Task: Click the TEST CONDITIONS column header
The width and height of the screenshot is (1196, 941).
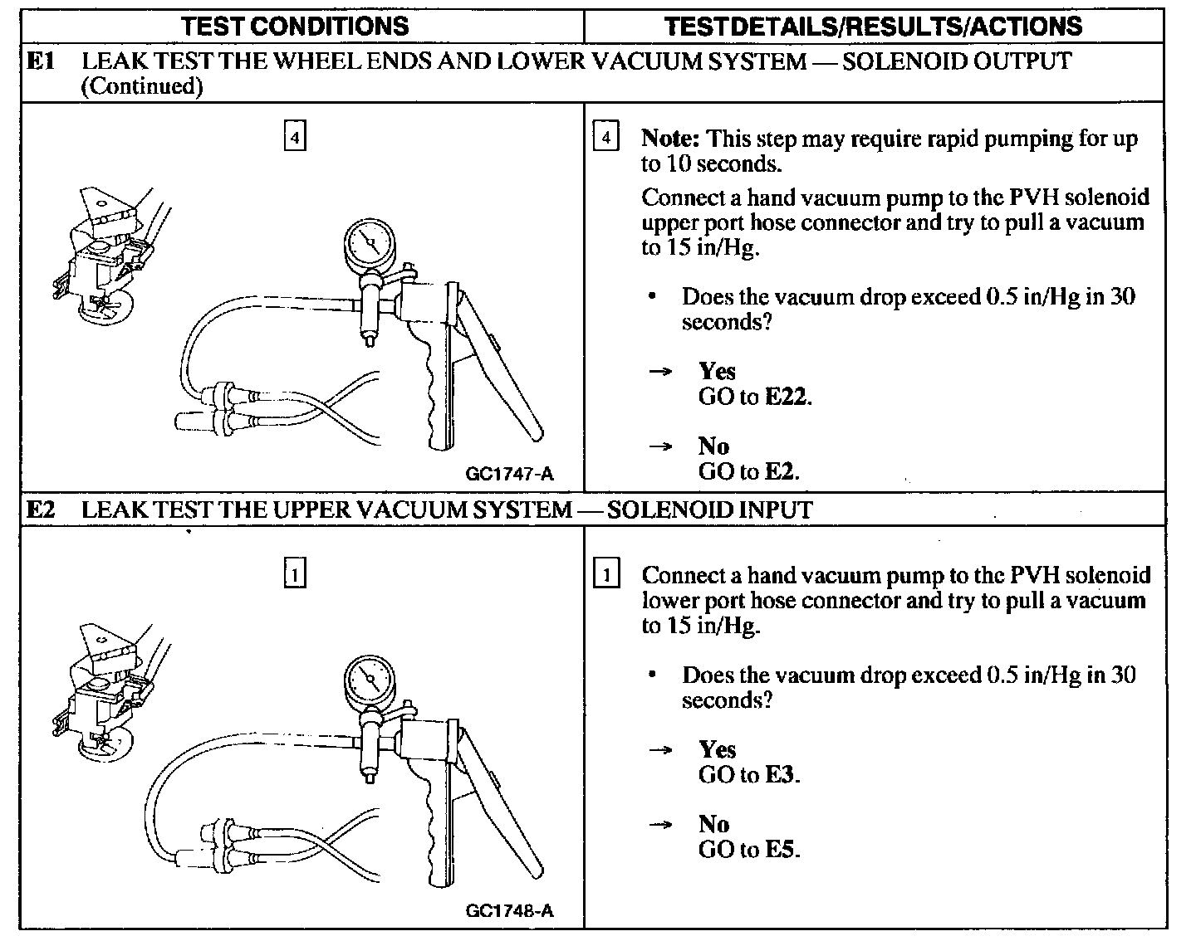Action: (x=295, y=26)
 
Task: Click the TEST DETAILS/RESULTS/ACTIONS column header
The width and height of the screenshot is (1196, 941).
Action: (x=873, y=26)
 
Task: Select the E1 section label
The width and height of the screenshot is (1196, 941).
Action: (x=40, y=61)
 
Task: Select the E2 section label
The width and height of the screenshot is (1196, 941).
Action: (x=40, y=509)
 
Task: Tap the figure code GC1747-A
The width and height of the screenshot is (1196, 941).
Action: (x=509, y=474)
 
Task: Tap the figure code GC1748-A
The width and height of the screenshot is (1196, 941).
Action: (x=509, y=910)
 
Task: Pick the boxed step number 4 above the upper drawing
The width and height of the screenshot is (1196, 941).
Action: (x=295, y=136)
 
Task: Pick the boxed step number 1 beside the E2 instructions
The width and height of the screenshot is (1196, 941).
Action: (x=606, y=574)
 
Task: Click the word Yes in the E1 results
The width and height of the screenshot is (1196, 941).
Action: (x=717, y=371)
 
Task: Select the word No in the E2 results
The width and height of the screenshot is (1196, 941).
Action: (x=713, y=824)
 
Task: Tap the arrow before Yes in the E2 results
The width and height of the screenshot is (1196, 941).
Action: (x=660, y=750)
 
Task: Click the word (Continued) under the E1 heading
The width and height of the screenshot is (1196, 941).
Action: (x=142, y=85)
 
